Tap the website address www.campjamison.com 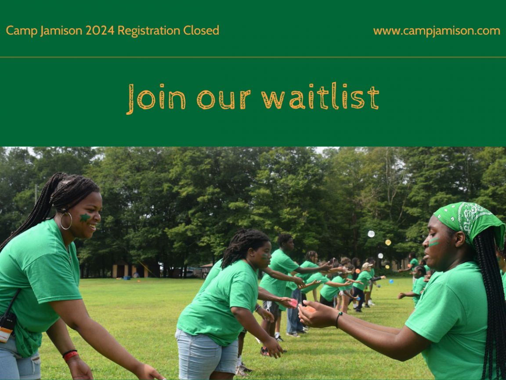[x=437, y=31]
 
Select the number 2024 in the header [x=100, y=31]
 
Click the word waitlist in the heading [x=321, y=98]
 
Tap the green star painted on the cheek [x=85, y=218]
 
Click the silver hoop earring [x=66, y=221]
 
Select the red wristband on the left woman [x=70, y=355]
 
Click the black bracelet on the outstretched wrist [x=338, y=320]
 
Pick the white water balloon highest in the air [x=371, y=234]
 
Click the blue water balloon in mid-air [x=391, y=281]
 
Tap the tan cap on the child [x=366, y=266]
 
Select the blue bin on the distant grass [x=127, y=278]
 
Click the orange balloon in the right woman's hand [x=310, y=309]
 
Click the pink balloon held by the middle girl [x=293, y=303]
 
